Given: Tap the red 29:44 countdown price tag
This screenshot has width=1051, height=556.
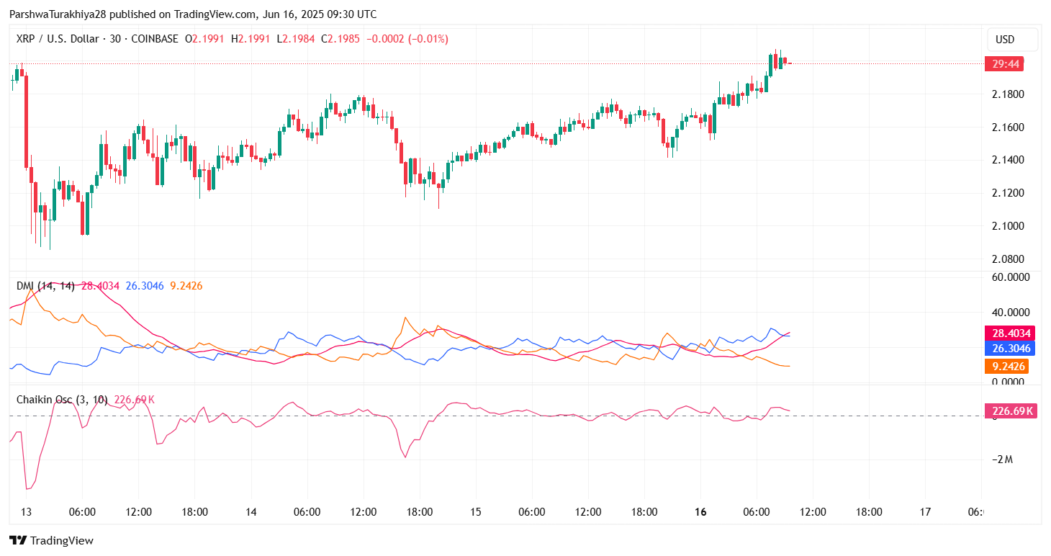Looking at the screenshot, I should [x=1005, y=64].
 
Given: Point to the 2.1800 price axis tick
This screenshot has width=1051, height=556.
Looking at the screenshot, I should [x=1008, y=94].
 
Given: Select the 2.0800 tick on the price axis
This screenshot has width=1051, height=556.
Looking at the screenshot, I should [x=1008, y=259].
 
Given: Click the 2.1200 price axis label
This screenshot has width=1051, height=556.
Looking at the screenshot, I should [x=1008, y=193].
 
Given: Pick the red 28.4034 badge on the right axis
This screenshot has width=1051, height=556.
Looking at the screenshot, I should [x=1011, y=333].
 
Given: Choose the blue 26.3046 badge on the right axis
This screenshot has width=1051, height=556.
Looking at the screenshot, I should [x=1011, y=349].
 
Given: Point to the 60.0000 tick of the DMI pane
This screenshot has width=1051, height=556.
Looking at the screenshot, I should [x=1011, y=277].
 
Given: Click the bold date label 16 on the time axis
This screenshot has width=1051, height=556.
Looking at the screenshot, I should [x=700, y=512].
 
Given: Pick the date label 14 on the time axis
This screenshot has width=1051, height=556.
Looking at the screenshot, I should [x=251, y=512].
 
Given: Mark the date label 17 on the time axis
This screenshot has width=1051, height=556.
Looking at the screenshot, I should [x=925, y=512].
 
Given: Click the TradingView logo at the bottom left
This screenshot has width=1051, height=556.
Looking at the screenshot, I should [x=51, y=540].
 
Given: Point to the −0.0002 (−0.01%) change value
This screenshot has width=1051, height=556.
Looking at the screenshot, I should [x=407, y=39].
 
